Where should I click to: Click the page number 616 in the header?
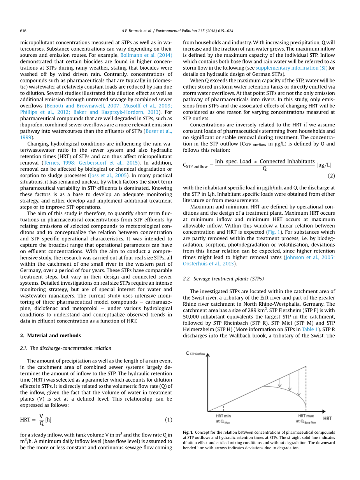point(23,31)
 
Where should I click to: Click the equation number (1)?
point(168,420)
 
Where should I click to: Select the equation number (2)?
point(331,176)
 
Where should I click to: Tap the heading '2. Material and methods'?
point(50,335)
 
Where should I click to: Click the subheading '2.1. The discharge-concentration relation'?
point(65,348)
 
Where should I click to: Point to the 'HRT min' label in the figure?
point(223,416)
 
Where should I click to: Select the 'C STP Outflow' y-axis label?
point(195,354)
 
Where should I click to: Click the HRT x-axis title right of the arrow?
point(327,419)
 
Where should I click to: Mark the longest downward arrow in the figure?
point(299,382)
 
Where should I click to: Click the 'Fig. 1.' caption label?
point(188,433)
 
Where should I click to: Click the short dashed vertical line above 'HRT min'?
point(223,407)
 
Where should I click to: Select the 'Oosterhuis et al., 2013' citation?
point(208,263)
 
